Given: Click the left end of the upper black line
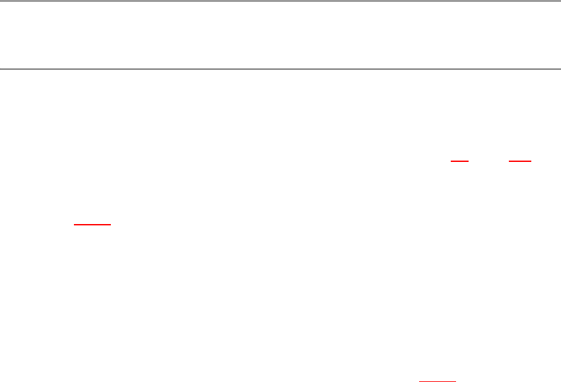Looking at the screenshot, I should pos(1,1).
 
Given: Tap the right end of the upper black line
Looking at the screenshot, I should pos(560,1).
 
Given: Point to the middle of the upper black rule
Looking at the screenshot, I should pos(280,1).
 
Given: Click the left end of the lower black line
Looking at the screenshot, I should pos(1,69).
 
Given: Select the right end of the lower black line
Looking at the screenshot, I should pos(560,69).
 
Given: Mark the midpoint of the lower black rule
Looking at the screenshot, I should pos(280,69).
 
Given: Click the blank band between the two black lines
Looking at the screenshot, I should pos(280,35).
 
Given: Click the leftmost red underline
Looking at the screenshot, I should pos(92,225).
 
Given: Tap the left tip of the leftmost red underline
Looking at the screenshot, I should pos(74,225).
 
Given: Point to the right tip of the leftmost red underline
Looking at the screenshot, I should pos(111,225).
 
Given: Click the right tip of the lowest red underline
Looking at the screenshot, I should pos(456,381).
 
